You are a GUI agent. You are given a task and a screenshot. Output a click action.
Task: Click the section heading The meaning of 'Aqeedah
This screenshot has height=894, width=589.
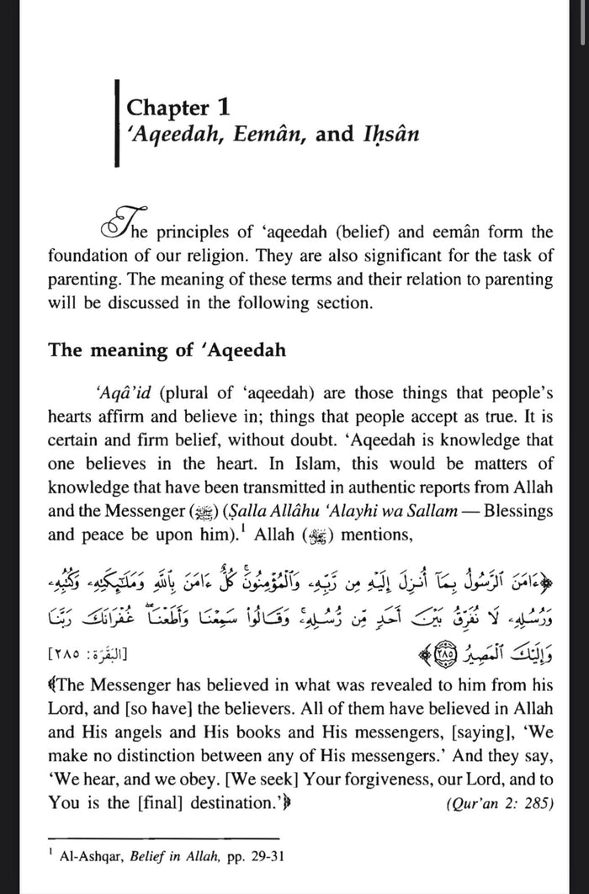tap(167, 349)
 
